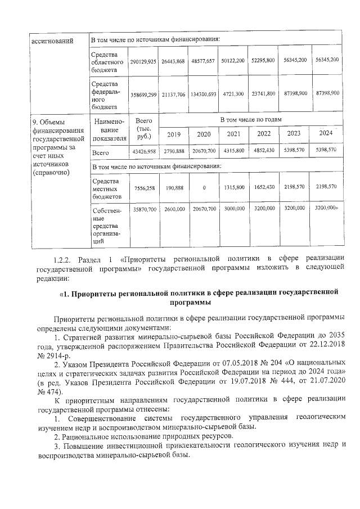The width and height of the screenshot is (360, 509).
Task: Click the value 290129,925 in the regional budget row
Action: tap(142, 60)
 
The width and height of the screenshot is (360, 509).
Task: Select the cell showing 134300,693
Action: tap(203, 93)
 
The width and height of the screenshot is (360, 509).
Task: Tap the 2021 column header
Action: tap(235, 134)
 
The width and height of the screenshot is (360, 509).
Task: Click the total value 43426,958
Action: tap(142, 151)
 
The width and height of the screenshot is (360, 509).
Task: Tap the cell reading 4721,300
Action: tap(235, 93)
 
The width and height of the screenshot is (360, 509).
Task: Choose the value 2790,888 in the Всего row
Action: tap(173, 151)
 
